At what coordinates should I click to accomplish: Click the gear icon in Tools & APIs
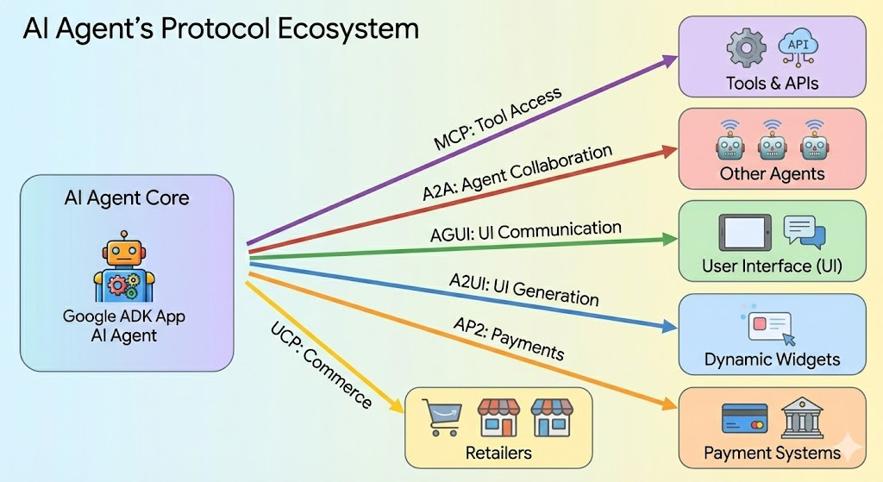[746, 48]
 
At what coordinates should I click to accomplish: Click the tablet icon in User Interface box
[745, 233]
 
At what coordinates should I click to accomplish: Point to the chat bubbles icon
[805, 232]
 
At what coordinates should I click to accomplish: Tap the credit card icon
[744, 418]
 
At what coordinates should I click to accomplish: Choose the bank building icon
[802, 417]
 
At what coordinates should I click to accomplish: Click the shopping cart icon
[442, 417]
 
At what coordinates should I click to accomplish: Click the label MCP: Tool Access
[498, 118]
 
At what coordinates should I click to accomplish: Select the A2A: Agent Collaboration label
[517, 172]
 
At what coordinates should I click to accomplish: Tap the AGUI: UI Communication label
[526, 231]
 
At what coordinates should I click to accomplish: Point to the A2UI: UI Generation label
[523, 290]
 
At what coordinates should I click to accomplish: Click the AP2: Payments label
[509, 338]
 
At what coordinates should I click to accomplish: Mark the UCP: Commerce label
[321, 366]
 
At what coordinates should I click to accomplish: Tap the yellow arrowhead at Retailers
[396, 405]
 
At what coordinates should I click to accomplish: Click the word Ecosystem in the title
[348, 29]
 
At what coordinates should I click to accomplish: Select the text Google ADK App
[124, 316]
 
